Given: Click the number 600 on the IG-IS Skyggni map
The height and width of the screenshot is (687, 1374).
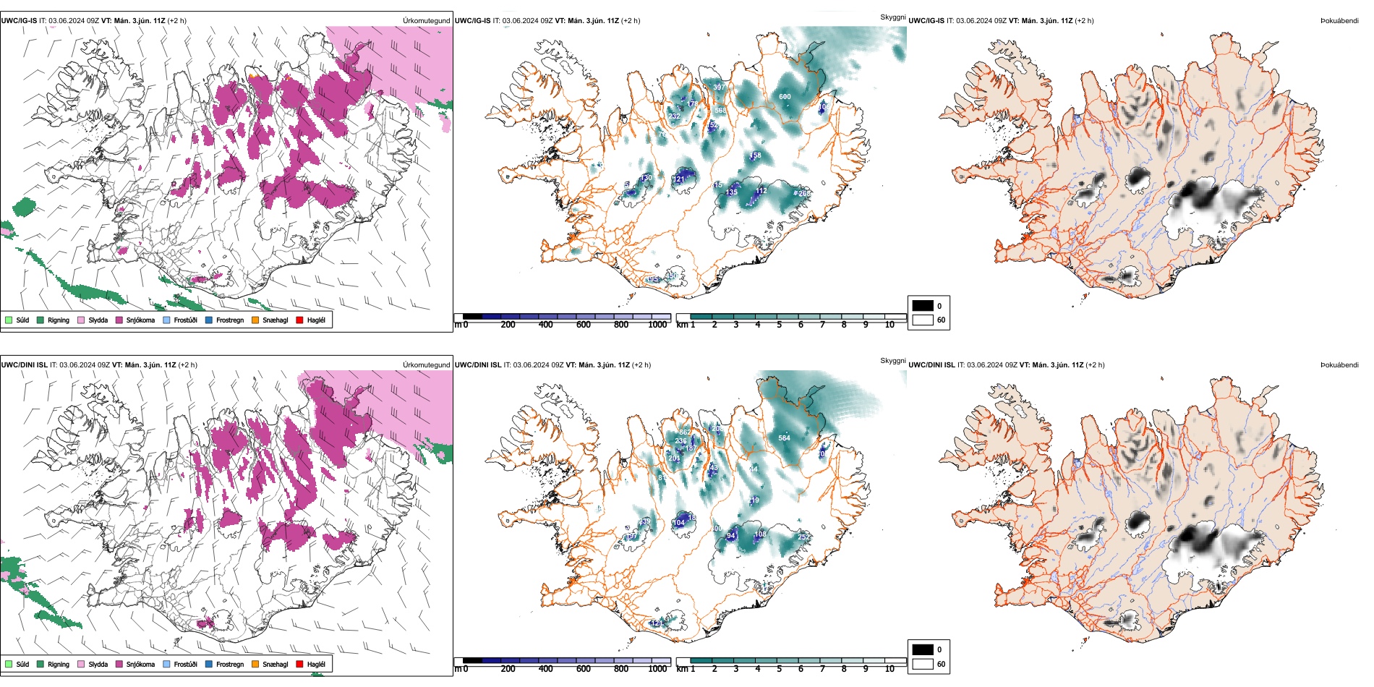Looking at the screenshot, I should [785, 97].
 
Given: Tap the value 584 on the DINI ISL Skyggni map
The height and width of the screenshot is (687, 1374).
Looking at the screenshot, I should [784, 438].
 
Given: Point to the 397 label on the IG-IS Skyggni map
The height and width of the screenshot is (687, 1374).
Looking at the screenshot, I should [719, 88].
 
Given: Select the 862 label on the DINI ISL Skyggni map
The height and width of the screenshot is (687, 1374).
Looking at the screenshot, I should [685, 432].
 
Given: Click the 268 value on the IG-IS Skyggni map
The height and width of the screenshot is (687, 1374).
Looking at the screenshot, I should [804, 194].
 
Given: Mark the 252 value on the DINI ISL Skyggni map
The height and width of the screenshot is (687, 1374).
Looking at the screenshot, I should [803, 537].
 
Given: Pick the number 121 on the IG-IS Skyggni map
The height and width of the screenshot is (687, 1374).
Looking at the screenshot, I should [678, 179].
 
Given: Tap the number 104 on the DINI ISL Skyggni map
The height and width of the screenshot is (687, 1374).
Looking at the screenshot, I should [678, 523].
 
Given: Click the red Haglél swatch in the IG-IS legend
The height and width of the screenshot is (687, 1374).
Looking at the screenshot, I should [299, 320].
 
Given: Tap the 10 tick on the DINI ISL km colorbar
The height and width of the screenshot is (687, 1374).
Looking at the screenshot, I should [889, 669].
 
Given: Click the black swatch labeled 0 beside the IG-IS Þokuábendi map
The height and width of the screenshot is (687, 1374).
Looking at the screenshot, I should [923, 306].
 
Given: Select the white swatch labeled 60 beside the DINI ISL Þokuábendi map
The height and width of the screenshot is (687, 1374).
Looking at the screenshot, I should [923, 664].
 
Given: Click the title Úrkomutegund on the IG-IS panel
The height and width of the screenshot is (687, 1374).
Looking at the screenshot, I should [426, 20].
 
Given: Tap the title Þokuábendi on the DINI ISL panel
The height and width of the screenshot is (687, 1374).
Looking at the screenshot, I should [1339, 364].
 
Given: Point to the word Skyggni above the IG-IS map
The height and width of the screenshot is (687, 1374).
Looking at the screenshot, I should [892, 17].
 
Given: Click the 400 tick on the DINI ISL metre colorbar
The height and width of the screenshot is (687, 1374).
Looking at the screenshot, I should [545, 669].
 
